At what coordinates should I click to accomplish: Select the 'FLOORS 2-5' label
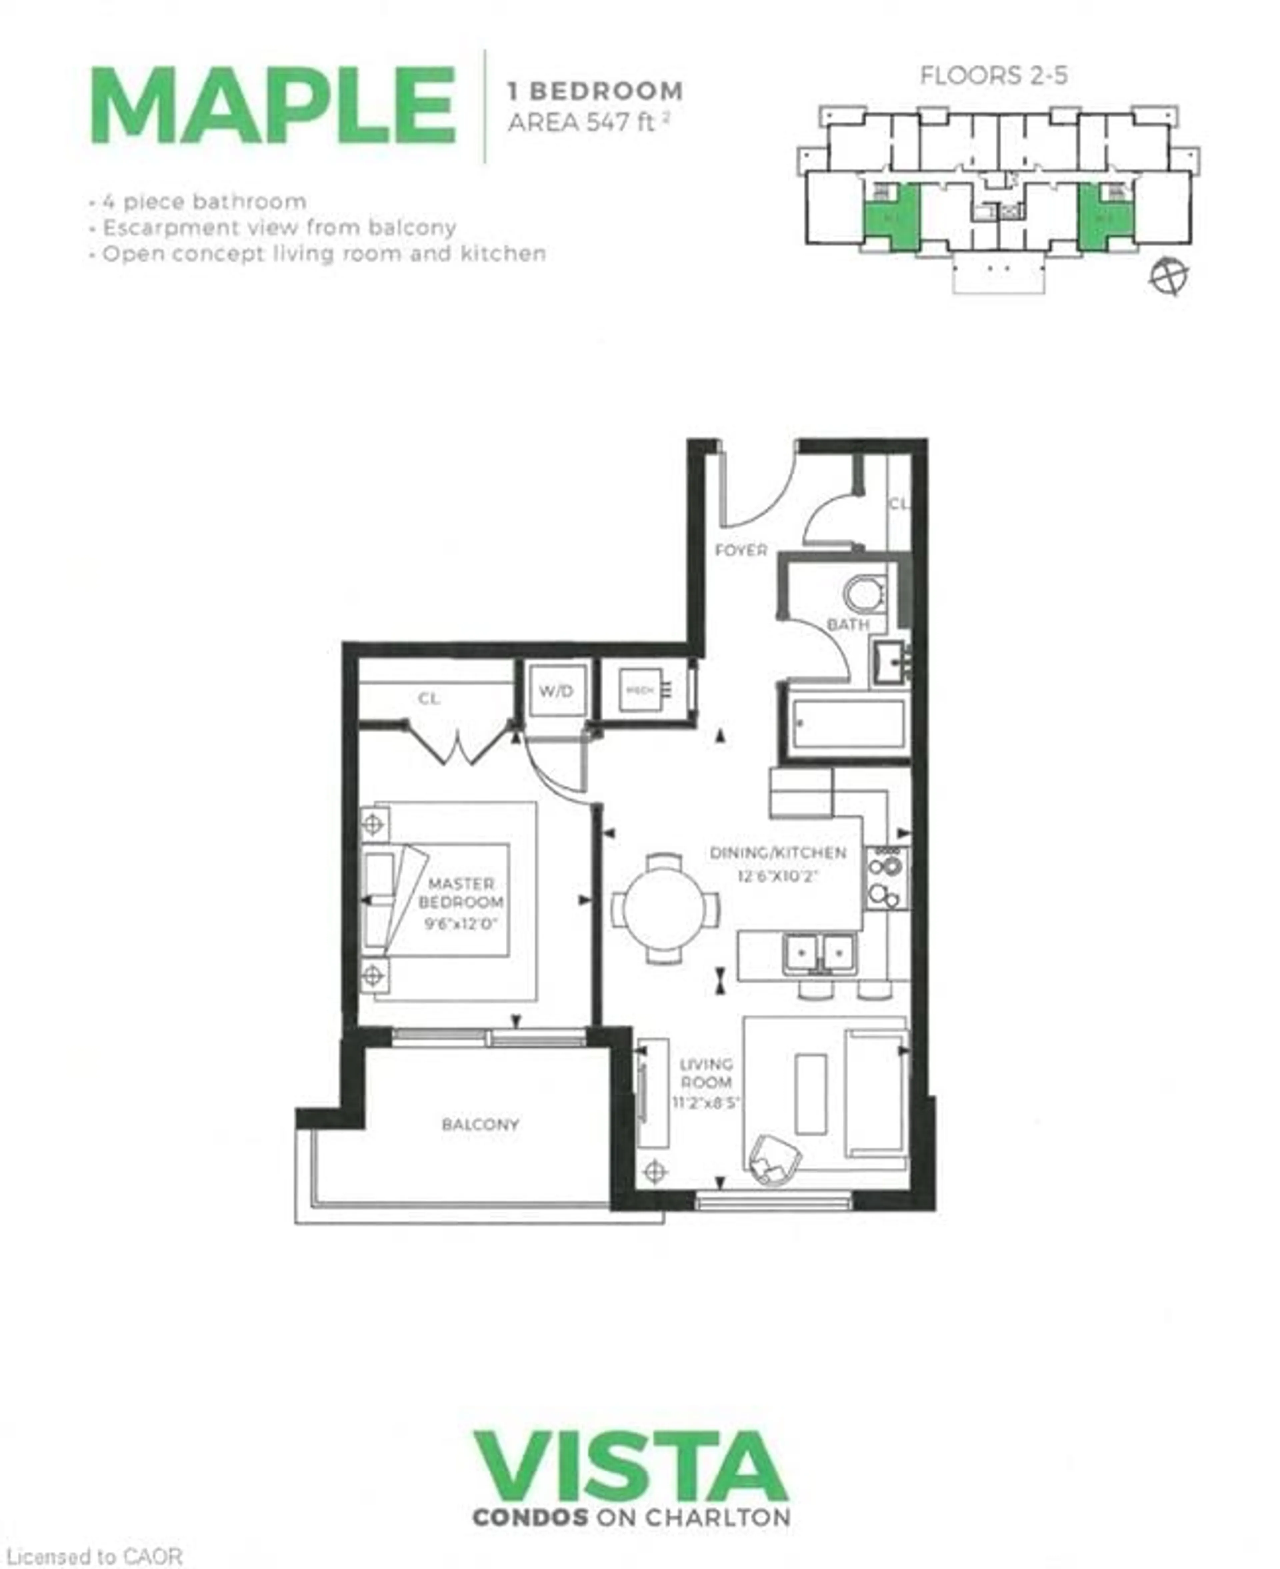pyautogui.click(x=993, y=75)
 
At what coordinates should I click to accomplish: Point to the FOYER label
pyautogui.click(x=741, y=550)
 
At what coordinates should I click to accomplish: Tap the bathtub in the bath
pyautogui.click(x=848, y=723)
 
